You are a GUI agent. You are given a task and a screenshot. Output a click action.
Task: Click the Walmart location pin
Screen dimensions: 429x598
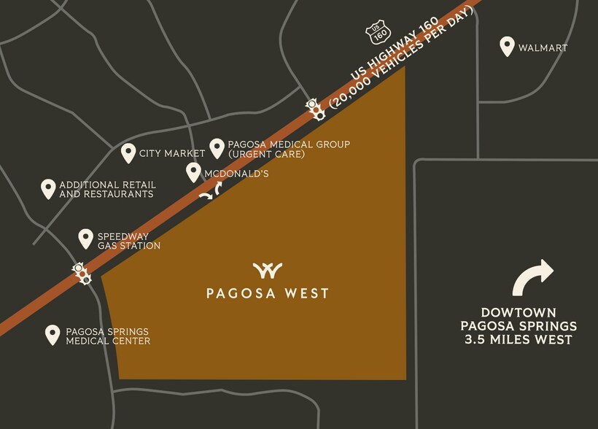point(507,47)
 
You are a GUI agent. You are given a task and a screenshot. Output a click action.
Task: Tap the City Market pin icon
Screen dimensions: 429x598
point(128,152)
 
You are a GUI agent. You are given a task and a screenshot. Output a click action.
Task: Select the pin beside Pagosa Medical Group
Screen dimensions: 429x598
point(217,148)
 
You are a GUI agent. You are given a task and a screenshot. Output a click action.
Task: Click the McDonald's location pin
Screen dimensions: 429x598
point(193,172)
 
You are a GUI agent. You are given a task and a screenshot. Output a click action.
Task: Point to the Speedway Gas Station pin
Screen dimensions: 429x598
point(86,239)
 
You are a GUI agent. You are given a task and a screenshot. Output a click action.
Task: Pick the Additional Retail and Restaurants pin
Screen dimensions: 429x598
point(48,189)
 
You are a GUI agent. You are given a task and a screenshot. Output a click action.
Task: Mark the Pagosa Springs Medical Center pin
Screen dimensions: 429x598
point(53,335)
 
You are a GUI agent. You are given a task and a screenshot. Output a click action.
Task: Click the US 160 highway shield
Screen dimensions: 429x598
point(380,32)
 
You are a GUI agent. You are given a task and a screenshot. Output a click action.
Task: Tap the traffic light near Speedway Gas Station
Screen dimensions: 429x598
point(80,273)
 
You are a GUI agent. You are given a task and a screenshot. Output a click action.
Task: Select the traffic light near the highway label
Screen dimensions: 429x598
point(316,109)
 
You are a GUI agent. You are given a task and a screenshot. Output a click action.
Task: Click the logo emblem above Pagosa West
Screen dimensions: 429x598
point(267,271)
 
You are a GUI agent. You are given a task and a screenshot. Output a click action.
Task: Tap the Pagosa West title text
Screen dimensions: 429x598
point(267,293)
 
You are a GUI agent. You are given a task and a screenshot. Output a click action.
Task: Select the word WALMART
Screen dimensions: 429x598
point(543,48)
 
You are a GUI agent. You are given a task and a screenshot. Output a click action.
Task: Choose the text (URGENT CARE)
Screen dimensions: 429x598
point(266,155)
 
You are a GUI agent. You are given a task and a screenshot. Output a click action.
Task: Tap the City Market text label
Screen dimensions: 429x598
point(173,153)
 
